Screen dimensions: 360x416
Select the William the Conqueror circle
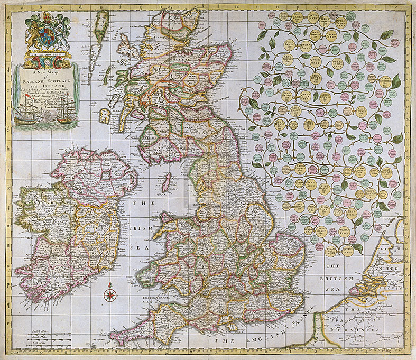332,249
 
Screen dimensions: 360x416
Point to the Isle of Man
165,184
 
